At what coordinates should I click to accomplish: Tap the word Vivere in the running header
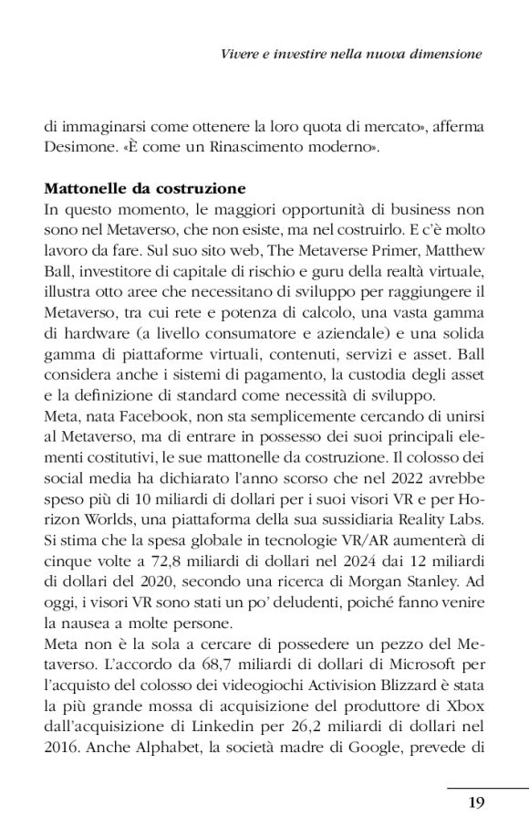coord(241,55)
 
